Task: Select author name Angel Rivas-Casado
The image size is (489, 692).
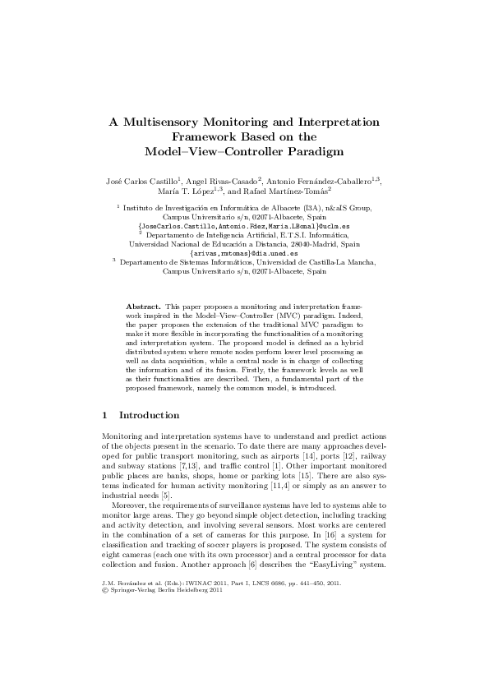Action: [224, 180]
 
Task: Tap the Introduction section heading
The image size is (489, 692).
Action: [150, 416]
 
